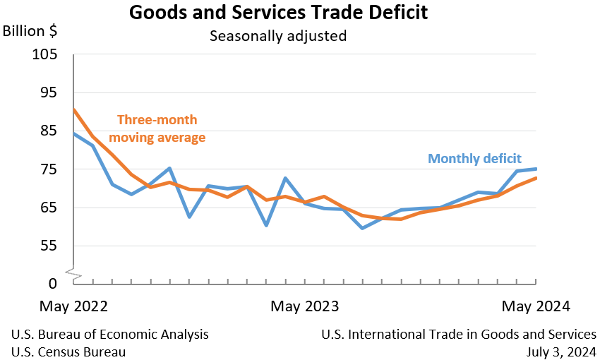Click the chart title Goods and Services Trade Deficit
[x=278, y=13]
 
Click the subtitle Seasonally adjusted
[x=278, y=35]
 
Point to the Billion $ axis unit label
[x=30, y=32]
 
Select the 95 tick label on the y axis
[x=49, y=93]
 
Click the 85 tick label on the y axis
[x=49, y=131]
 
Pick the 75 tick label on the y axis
[x=49, y=169]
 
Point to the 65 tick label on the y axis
[x=49, y=208]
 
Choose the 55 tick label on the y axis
[x=49, y=246]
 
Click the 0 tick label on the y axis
[x=54, y=284]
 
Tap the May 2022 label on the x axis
[x=74, y=307]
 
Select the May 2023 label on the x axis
[x=305, y=307]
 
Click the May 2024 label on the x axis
[x=536, y=307]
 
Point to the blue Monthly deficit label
[x=474, y=159]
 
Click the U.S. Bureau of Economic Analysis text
[x=110, y=334]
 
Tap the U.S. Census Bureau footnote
[x=69, y=351]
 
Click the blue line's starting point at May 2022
[x=74, y=133]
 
